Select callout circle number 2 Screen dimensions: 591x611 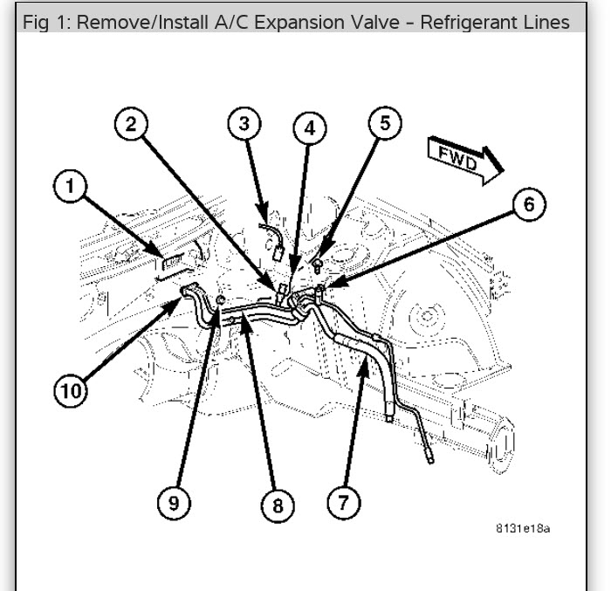point(130,125)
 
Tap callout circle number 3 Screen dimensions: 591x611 point(244,124)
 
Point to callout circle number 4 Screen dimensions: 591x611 point(307,129)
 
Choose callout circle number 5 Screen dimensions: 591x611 point(385,123)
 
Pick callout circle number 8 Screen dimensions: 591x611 point(278,505)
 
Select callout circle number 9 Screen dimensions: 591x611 point(175,502)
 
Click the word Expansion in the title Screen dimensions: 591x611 point(280,22)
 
